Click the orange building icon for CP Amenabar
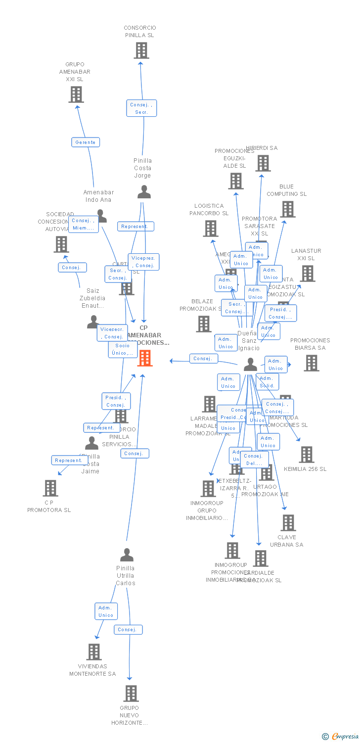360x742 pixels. pyautogui.click(x=145, y=358)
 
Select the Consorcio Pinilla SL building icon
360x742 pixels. pyautogui.click(x=141, y=50)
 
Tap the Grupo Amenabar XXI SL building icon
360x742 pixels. pyautogui.click(x=76, y=94)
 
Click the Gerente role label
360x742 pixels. pyautogui.click(x=86, y=142)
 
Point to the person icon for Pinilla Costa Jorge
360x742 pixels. pyautogui.click(x=144, y=192)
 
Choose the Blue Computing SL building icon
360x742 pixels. pyautogui.click(x=288, y=209)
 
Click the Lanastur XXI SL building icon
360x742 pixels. pyautogui.click(x=308, y=274)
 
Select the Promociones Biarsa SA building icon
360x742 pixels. pyautogui.click(x=312, y=363)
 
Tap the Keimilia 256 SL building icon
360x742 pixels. pyautogui.click(x=307, y=455)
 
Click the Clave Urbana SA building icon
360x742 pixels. pyautogui.click(x=288, y=523)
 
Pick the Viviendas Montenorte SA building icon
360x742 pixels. pyautogui.click(x=94, y=652)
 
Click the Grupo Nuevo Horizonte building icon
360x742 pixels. pyautogui.click(x=131, y=694)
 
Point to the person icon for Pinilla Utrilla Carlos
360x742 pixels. pyautogui.click(x=127, y=555)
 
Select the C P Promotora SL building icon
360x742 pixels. pyautogui.click(x=50, y=488)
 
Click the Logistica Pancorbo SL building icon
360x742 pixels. pyautogui.click(x=211, y=229)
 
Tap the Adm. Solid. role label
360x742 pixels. pyautogui.click(x=268, y=382)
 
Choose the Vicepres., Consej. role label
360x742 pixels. pyautogui.click(x=143, y=262)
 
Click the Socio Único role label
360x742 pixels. pyautogui.click(x=123, y=349)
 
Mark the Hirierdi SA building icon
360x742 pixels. pyautogui.click(x=263, y=163)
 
